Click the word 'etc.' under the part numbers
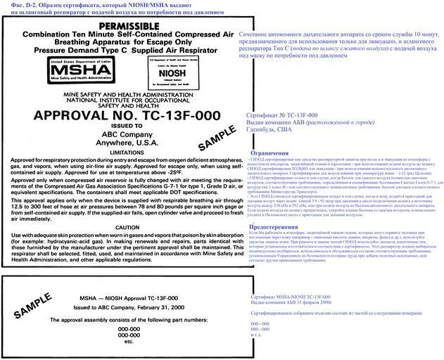pos(129,342)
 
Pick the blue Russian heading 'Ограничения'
pos(269,153)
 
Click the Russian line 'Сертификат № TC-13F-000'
pos(282,114)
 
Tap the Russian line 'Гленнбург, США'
pos(271,129)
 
